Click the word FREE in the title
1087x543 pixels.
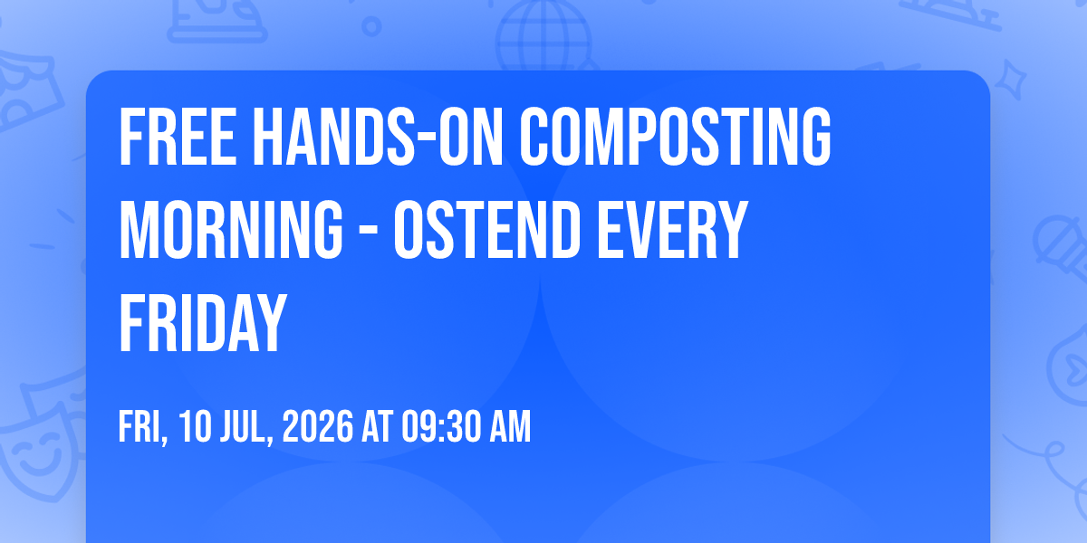tap(178, 137)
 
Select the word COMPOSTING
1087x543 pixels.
tap(676, 137)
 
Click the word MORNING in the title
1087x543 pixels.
tap(231, 230)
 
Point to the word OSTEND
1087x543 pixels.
tap(487, 230)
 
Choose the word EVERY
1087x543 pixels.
tap(672, 230)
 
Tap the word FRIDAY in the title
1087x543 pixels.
tap(203, 323)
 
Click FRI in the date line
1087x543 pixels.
tap(143, 427)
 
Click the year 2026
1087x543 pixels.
tap(318, 426)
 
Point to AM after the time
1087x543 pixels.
tap(510, 426)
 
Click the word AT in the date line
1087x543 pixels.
tap(377, 426)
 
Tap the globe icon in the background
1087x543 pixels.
tap(543, 36)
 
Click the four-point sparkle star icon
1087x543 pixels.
tap(1011, 81)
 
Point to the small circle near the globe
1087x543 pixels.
tap(371, 26)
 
